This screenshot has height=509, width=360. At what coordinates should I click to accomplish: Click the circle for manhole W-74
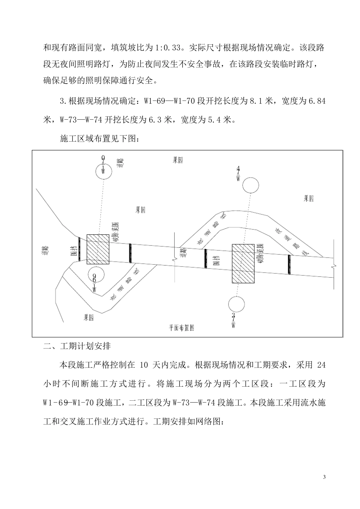(x=250, y=186)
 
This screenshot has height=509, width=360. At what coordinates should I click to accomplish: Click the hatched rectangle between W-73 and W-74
(x=243, y=264)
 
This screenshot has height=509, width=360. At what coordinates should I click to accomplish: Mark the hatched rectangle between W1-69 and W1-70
(x=98, y=249)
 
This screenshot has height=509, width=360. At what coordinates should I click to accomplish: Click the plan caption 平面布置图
(x=182, y=328)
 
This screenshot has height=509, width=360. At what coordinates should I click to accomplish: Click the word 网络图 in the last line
(x=211, y=422)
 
